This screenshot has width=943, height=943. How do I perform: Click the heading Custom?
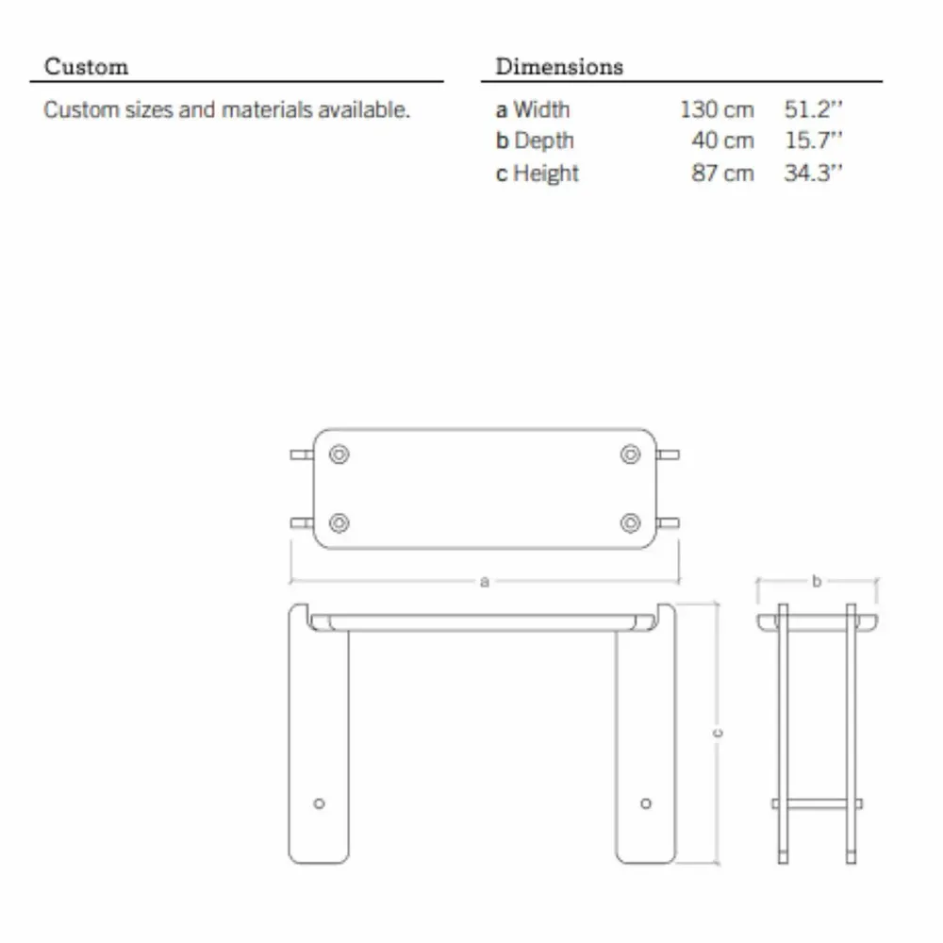click(x=86, y=66)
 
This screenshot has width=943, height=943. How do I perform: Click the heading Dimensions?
click(x=559, y=66)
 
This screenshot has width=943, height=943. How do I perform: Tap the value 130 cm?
click(x=717, y=109)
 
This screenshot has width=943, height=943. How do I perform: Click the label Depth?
click(x=544, y=141)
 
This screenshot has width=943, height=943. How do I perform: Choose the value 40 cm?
click(x=722, y=141)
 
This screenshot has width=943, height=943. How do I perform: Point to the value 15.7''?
click(x=813, y=141)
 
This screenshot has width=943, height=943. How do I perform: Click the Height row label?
click(x=545, y=174)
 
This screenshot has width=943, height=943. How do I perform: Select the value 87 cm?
click(x=722, y=174)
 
